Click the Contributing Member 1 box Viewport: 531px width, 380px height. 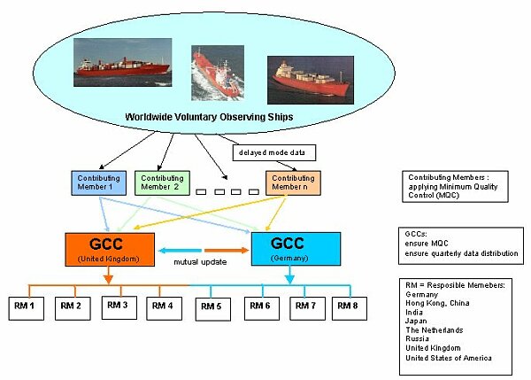click(96, 182)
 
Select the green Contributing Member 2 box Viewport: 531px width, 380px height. click(160, 182)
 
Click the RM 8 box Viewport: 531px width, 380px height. click(350, 306)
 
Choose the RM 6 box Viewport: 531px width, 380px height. click(259, 306)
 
